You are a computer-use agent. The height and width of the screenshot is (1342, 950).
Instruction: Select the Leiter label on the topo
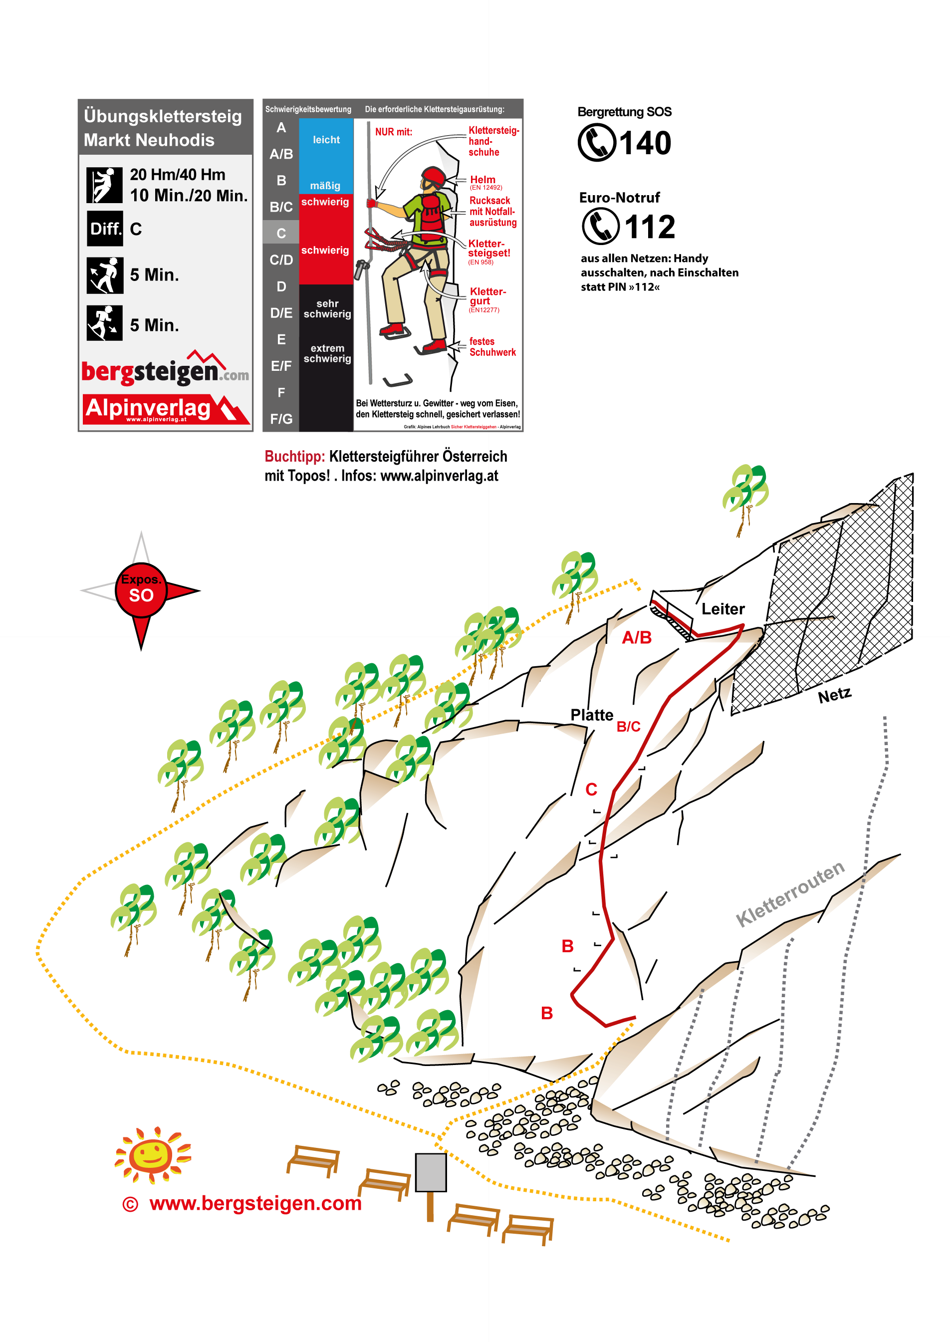point(723,609)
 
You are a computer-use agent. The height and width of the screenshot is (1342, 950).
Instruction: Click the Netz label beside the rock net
point(834,695)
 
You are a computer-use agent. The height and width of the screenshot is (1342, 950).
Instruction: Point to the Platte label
point(591,715)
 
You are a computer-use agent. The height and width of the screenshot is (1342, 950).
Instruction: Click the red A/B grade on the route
point(637,637)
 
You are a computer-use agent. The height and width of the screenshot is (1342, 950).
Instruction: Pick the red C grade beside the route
point(591,789)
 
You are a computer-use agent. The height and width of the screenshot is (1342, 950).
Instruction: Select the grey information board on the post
point(431,1172)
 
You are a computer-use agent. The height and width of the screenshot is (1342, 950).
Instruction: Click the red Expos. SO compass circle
point(141,590)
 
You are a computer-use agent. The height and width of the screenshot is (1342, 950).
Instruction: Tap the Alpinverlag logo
point(166,409)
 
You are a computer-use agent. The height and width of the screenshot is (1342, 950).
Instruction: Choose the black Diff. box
point(105,228)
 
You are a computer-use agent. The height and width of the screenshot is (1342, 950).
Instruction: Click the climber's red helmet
point(434,176)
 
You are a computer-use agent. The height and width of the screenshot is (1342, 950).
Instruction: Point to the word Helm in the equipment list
point(482,180)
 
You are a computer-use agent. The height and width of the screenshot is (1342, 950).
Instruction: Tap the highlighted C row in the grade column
point(281,233)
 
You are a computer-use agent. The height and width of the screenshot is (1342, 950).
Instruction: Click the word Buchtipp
point(294,456)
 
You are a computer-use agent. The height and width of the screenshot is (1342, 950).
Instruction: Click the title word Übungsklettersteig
point(163,116)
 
